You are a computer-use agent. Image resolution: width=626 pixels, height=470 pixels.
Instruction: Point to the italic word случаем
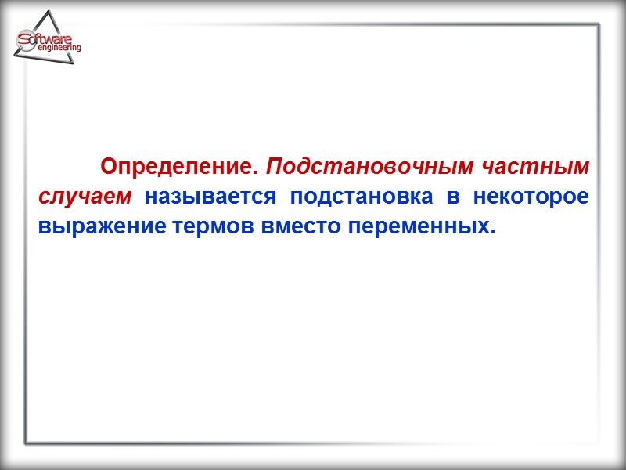(x=86, y=197)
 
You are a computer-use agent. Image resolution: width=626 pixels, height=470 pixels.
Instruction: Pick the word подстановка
(x=360, y=197)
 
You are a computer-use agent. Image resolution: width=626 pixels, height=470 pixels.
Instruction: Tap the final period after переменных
(x=494, y=233)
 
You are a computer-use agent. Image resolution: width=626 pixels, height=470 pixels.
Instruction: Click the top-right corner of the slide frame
(x=601, y=24)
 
